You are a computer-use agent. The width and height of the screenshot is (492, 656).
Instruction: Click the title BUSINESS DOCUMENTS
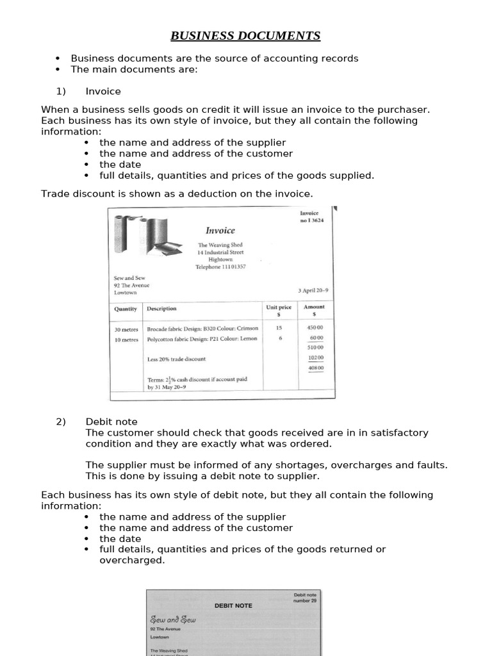(x=246, y=36)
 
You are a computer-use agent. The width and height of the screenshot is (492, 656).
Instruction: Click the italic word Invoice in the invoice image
(x=220, y=231)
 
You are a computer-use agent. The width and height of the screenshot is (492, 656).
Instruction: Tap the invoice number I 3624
(x=312, y=220)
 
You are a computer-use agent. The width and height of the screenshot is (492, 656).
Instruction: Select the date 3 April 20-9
(x=313, y=291)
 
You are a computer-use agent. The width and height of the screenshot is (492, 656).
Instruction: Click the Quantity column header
(x=126, y=309)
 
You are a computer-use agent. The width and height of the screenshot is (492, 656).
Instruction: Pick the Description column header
(x=161, y=309)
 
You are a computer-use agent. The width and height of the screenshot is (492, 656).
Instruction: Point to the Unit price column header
(x=279, y=310)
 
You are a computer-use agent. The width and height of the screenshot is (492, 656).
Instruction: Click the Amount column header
(x=314, y=310)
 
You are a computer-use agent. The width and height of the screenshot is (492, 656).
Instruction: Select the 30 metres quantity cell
(x=126, y=329)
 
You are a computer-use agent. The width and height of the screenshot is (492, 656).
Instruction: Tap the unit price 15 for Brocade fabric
(x=279, y=328)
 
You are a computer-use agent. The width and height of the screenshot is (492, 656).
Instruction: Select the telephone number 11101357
(x=220, y=266)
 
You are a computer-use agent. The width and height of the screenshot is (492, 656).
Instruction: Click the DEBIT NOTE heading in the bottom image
(x=233, y=605)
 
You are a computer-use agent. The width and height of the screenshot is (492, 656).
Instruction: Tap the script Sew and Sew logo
(x=173, y=619)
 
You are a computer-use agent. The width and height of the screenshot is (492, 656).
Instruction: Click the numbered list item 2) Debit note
(x=111, y=422)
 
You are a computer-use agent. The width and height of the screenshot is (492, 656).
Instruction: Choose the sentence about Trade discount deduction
(x=177, y=193)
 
